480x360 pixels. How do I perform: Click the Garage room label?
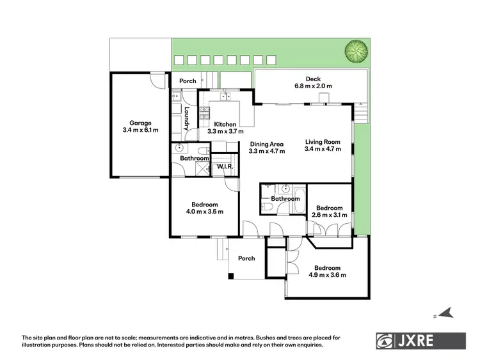pos(140,123)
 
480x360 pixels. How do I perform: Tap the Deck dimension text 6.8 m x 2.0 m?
pos(313,86)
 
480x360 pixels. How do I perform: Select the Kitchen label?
pos(225,124)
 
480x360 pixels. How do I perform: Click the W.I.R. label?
pos(224,166)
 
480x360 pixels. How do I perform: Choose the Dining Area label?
pos(267,145)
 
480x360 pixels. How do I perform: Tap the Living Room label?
pos(323,142)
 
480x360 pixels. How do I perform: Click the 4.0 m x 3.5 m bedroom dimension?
pos(205,212)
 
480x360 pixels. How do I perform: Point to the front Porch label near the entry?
pos(246,258)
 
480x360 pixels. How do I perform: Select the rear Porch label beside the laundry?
pos(188,81)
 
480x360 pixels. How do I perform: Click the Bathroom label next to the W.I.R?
pos(195,158)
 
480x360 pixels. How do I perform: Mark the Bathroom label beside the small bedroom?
pos(285,199)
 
